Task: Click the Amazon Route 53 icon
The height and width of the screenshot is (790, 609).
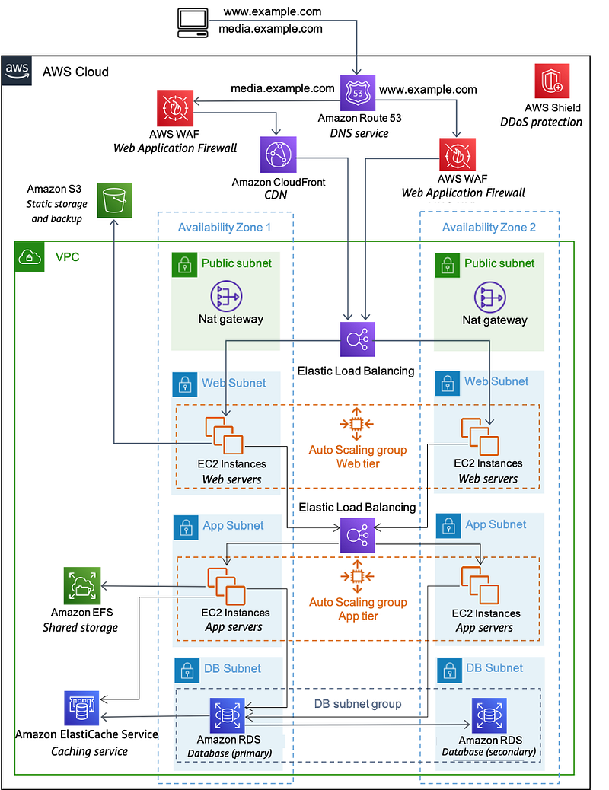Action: tap(358, 92)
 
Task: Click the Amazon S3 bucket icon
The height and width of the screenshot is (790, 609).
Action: tap(114, 202)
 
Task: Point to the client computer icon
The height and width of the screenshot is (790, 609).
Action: tap(193, 22)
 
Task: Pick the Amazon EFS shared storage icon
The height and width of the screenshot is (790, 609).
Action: tap(81, 586)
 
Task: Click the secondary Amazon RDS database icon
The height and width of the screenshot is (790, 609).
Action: tap(489, 715)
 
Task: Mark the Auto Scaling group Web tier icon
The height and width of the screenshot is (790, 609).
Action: tap(357, 424)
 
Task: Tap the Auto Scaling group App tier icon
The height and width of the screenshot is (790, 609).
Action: tap(357, 576)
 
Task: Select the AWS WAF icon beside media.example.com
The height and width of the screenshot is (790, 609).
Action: tap(174, 108)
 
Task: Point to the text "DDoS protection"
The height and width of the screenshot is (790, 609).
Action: tap(540, 122)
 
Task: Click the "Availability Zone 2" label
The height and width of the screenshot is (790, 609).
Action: tap(489, 227)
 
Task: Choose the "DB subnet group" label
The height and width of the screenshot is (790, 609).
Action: tap(358, 704)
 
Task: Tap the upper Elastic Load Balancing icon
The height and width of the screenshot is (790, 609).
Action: tap(358, 339)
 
